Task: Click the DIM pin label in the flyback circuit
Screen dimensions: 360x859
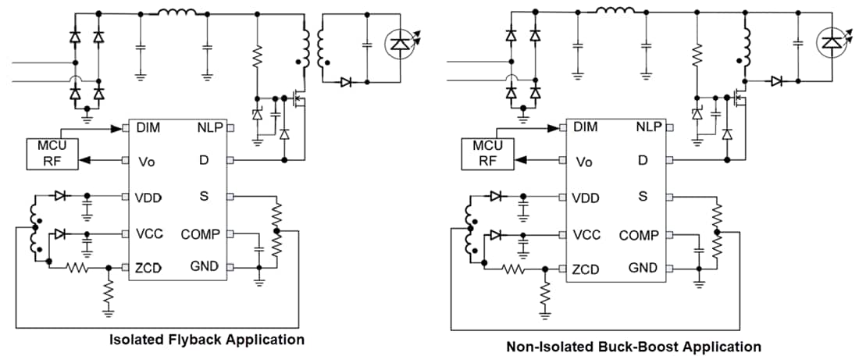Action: point(149,127)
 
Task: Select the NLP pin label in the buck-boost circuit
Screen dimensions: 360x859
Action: point(648,127)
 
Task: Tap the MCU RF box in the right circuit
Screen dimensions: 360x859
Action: point(487,154)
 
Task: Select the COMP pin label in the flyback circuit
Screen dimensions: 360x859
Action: point(201,233)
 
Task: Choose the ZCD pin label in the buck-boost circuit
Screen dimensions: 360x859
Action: point(585,269)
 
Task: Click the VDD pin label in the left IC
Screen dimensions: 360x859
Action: point(148,198)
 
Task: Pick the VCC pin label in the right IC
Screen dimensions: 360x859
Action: point(586,235)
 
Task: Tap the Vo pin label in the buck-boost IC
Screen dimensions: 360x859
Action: point(583,162)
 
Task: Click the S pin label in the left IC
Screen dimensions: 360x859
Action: point(204,196)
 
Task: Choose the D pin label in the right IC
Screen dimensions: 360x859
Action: point(642,160)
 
